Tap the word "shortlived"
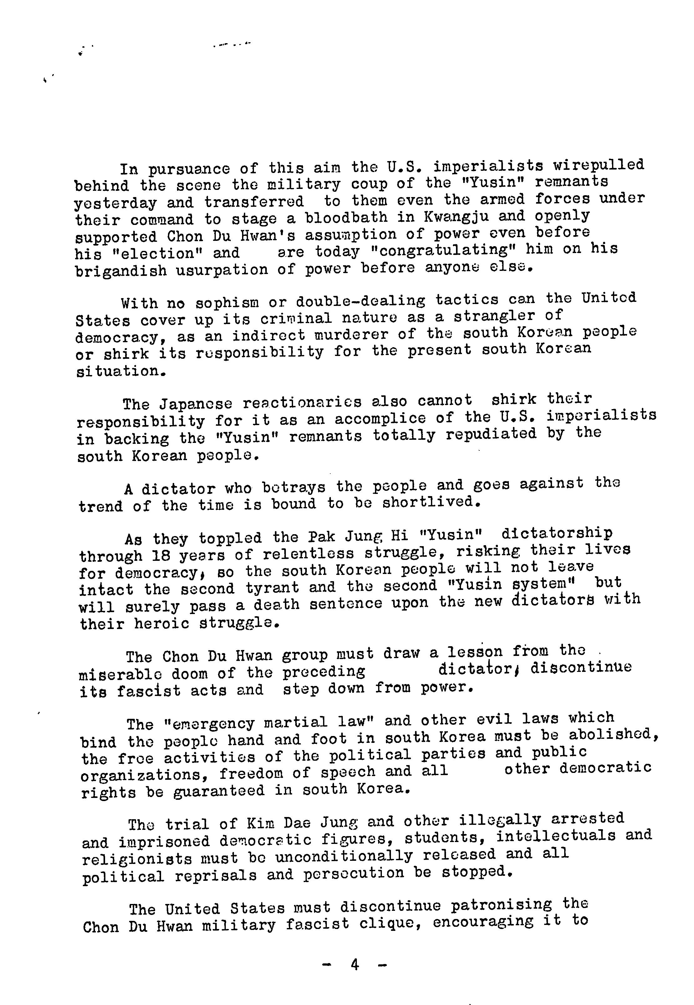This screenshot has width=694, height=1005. (431, 502)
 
